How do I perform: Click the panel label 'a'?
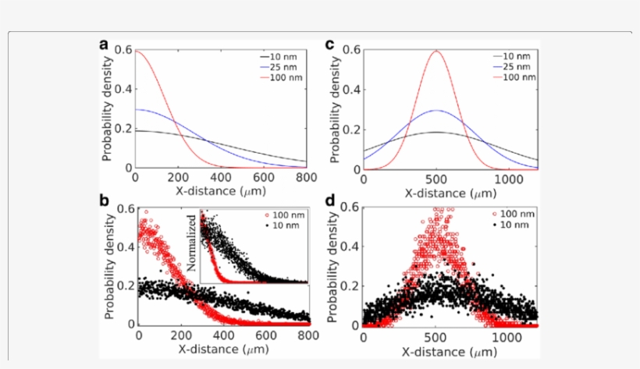point(103,44)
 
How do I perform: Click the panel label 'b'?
point(103,201)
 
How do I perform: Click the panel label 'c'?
point(330,44)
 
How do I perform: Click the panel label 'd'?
point(330,201)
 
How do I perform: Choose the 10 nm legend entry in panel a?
point(280,57)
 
